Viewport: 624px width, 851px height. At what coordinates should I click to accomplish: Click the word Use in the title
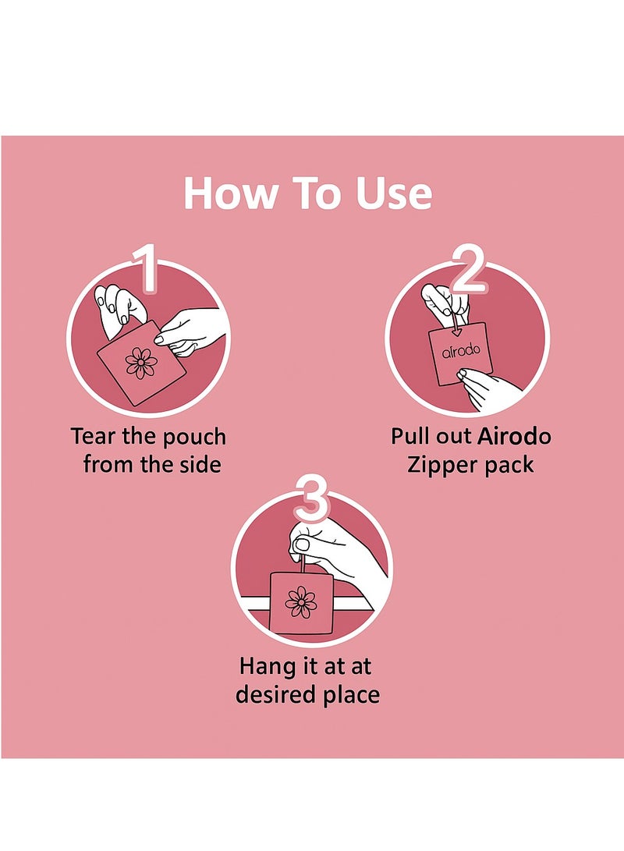click(394, 193)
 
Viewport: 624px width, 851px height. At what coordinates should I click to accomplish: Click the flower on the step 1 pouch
click(141, 362)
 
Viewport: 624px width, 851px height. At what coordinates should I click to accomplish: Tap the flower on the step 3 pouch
click(301, 601)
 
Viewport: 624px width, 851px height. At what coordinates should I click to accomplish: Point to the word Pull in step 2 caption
click(409, 436)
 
